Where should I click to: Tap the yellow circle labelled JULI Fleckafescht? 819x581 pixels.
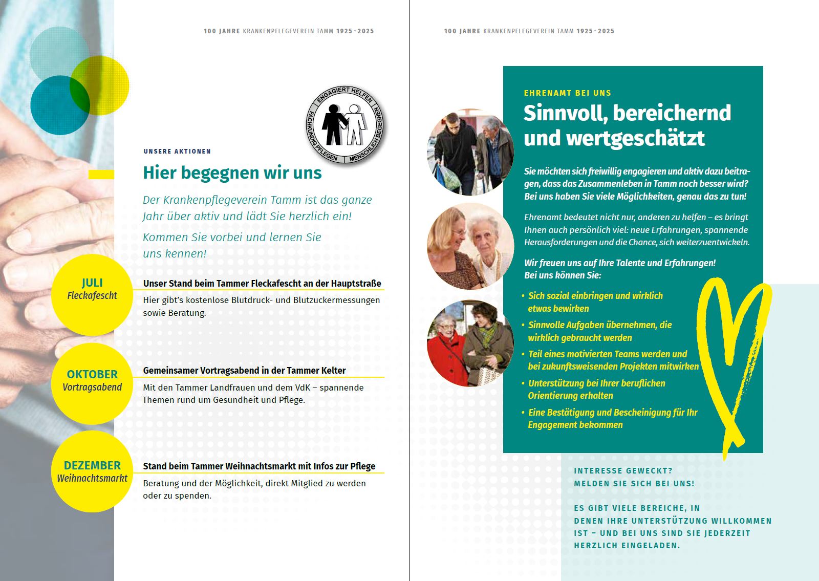92,294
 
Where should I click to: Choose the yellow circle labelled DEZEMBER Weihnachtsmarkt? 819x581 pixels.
92,471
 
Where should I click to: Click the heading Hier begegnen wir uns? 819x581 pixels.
232,173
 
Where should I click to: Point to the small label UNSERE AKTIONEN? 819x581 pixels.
177,152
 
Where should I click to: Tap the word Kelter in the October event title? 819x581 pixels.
333,371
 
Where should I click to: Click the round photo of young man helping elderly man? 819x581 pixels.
470,152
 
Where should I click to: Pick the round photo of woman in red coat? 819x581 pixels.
470,343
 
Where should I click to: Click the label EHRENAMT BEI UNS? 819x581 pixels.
567,93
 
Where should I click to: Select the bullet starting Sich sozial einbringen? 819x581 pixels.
595,302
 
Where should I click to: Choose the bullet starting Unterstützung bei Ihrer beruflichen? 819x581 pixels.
596,390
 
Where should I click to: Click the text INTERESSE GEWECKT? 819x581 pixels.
623,471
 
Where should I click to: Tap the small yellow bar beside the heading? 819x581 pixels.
101,175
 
